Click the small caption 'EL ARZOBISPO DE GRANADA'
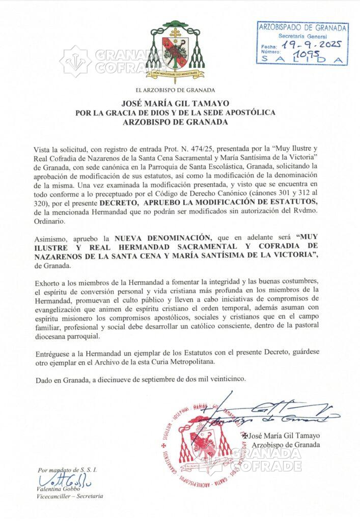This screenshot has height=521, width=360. click(179, 90)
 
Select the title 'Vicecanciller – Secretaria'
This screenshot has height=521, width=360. click(70, 496)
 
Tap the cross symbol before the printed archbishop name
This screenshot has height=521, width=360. click(245, 435)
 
